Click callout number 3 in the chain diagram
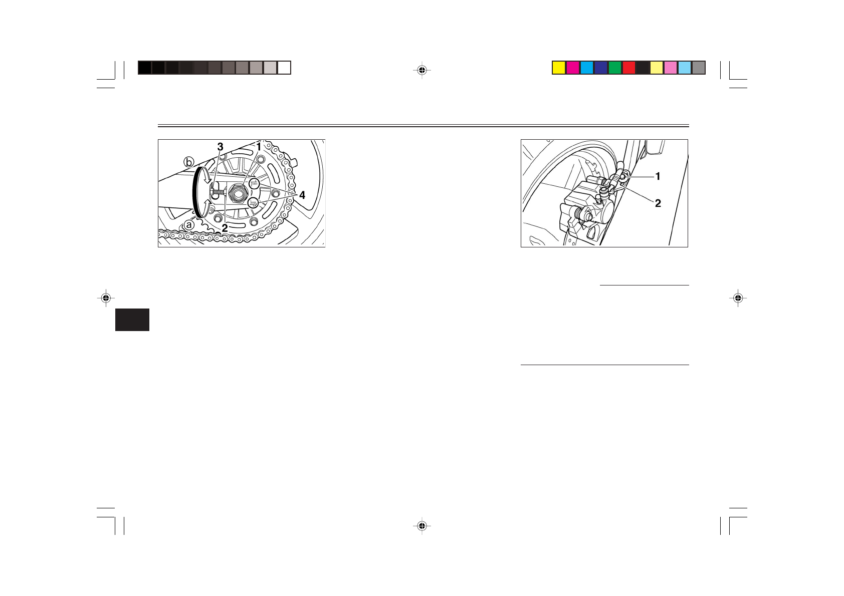click(x=220, y=147)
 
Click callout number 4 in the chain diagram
click(x=302, y=195)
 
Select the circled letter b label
click(x=188, y=162)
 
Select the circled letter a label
click(x=188, y=225)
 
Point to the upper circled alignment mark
click(x=254, y=183)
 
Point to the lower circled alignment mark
click(x=254, y=202)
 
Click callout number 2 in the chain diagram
click(x=225, y=228)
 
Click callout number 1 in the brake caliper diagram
click(x=658, y=176)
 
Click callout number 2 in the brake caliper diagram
click(x=658, y=203)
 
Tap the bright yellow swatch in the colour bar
click(x=559, y=68)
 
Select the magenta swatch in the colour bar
click(x=573, y=68)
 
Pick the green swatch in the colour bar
click(x=615, y=68)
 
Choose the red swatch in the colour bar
click(x=629, y=68)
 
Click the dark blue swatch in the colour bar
click(x=601, y=68)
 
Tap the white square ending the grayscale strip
click(x=284, y=68)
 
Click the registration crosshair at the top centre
click(x=422, y=71)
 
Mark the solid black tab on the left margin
click(x=132, y=320)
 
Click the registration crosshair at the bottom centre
click(x=422, y=526)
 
